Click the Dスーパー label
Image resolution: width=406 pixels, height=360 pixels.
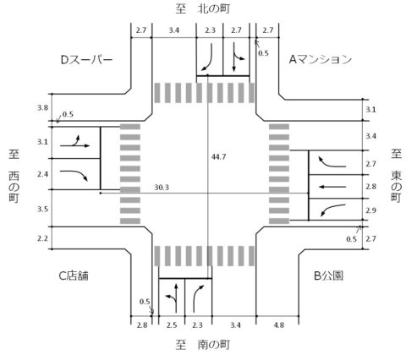tap(87, 60)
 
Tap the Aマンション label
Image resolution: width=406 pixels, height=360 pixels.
tap(321, 59)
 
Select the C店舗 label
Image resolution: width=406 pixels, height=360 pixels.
tap(74, 275)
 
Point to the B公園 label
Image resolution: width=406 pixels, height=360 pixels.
tap(328, 275)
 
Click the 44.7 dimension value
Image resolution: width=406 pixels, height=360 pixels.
tap(218, 157)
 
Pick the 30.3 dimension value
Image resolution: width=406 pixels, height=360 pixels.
tap(162, 188)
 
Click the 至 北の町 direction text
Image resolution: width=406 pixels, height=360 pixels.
tap(203, 8)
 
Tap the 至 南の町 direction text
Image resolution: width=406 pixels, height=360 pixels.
tap(203, 345)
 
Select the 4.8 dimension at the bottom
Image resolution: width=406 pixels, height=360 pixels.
tap(278, 325)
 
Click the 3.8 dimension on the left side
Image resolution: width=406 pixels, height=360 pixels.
tap(43, 107)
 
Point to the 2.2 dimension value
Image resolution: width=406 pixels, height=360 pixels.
tap(43, 238)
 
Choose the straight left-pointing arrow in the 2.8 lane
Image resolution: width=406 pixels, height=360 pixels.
tap(332, 187)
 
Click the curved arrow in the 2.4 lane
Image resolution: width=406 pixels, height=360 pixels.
tap(74, 174)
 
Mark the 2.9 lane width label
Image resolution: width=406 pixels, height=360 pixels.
tap(370, 210)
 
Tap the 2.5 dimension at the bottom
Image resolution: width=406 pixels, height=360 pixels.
tap(172, 325)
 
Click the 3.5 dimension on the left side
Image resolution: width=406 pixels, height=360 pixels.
tap(43, 209)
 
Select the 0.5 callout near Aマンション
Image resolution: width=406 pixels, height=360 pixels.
tap(263, 53)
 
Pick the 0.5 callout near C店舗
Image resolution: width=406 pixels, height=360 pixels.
tap(145, 302)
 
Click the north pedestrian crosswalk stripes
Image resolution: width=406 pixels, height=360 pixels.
tap(205, 93)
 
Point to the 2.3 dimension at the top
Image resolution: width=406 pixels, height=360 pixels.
tap(210, 30)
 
